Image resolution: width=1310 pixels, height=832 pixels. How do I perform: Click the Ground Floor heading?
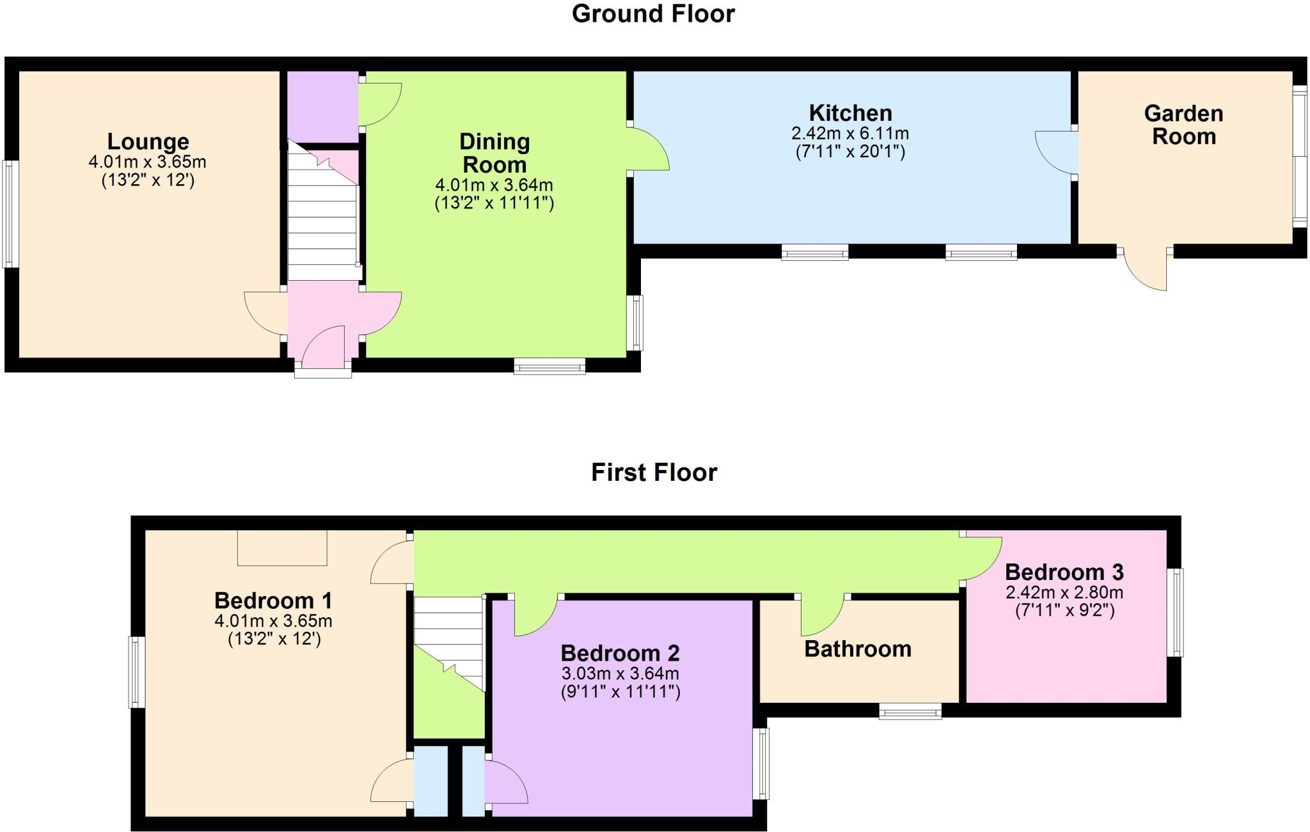tap(653, 13)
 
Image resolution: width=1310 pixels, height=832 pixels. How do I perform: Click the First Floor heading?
tap(654, 473)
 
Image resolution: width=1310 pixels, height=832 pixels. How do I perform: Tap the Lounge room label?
tap(148, 141)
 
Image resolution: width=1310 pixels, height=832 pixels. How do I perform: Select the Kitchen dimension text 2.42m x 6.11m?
tap(850, 134)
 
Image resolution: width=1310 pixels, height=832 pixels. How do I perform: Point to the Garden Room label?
tap(1183, 125)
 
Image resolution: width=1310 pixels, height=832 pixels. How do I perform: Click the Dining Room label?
tap(494, 153)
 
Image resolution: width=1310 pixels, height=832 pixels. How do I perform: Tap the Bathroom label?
tap(858, 649)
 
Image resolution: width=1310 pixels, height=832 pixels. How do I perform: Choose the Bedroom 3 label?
tap(1064, 572)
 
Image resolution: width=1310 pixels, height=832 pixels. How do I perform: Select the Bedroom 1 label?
tap(273, 600)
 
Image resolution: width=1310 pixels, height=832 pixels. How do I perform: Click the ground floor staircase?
tap(322, 211)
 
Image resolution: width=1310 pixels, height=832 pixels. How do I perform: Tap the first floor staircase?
tap(448, 643)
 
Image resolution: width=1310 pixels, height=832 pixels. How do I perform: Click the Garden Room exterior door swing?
tap(1145, 269)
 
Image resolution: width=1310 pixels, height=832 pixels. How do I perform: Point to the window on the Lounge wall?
tap(9, 214)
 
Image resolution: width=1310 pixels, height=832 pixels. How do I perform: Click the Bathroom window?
tap(910, 710)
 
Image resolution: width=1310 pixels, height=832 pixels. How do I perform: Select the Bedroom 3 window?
tap(1175, 613)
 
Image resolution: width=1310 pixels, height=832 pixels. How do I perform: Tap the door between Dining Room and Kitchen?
tap(649, 148)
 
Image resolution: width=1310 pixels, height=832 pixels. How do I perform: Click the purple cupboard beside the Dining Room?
tap(322, 107)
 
